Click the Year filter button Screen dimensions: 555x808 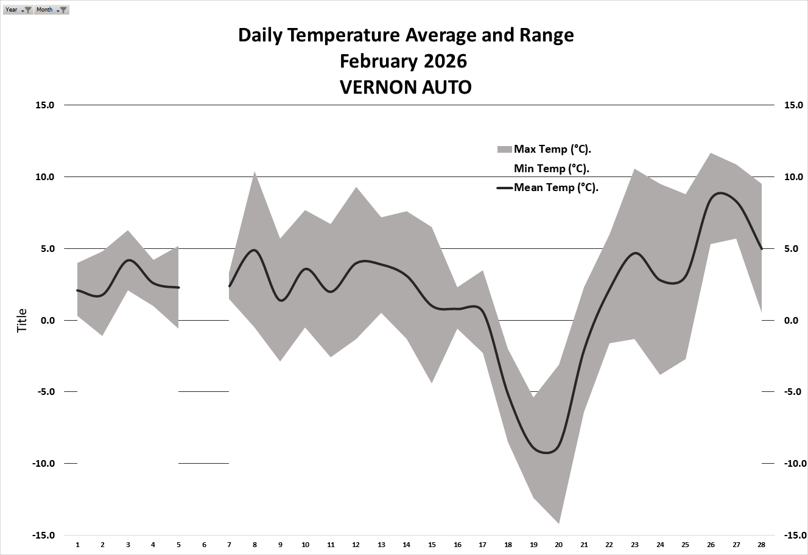[18, 10]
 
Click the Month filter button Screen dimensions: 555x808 [51, 10]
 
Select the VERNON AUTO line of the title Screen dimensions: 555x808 [405, 87]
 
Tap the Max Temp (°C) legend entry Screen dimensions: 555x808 [552, 149]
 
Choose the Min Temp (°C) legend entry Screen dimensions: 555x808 [551, 168]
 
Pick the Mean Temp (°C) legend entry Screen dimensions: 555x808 [556, 187]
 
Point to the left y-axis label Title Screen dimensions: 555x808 [23, 321]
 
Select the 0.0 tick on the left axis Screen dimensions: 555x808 [46, 321]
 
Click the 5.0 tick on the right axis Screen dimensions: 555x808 [791, 249]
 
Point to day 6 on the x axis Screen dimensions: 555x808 [204, 545]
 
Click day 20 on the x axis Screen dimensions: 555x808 [558, 545]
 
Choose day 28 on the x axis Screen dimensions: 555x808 [761, 545]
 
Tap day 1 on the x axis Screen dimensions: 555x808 [77, 545]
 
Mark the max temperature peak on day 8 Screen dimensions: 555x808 [255, 172]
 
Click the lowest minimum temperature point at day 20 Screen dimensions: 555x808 [558, 523]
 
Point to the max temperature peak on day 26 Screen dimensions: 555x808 [711, 153]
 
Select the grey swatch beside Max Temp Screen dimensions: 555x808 [505, 149]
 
